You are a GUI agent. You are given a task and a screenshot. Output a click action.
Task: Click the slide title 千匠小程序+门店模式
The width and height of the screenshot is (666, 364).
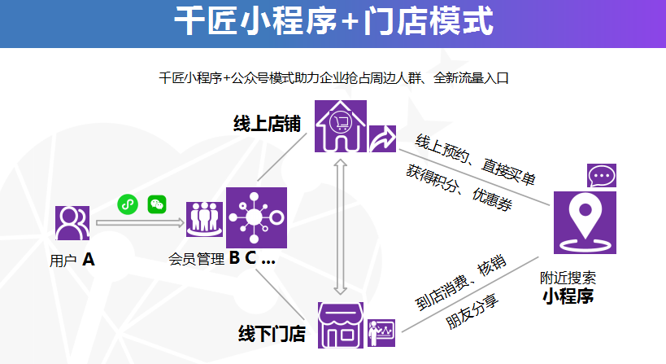333,22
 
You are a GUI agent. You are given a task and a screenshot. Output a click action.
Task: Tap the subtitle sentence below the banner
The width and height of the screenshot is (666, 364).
333,78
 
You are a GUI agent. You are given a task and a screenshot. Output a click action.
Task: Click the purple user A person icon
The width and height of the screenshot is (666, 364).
72,222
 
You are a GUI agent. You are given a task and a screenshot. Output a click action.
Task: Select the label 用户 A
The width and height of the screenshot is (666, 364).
72,261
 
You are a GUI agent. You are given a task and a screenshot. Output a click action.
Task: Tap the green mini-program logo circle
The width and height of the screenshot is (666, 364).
127,204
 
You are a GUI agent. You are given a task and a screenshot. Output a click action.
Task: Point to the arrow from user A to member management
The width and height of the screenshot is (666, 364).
138,221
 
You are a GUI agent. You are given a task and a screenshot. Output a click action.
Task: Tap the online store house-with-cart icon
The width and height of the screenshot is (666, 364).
341,125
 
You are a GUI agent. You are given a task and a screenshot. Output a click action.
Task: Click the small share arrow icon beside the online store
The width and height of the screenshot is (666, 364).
382,138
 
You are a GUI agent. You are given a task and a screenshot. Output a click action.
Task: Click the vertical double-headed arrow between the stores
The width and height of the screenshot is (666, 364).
341,226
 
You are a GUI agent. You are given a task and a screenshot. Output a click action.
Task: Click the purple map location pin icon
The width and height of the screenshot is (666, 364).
585,222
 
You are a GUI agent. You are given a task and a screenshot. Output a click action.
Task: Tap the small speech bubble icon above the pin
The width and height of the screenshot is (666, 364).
601,175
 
